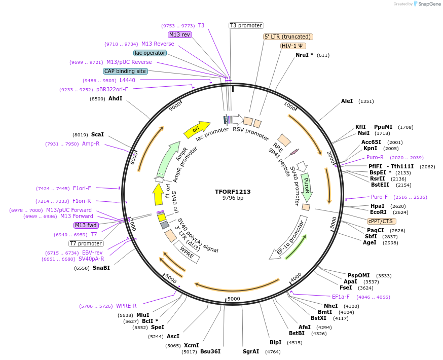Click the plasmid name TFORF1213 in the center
[233, 192]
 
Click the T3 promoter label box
[246, 25]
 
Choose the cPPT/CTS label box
[382, 221]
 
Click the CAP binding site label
[125, 71]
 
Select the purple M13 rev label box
[180, 34]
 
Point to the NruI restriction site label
[304, 55]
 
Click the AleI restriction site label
[347, 101]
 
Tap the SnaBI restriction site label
[101, 268]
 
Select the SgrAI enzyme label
[251, 351]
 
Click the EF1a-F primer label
[341, 297]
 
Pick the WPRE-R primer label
[126, 306]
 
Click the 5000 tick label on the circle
[233, 299]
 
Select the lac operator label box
[150, 53]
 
